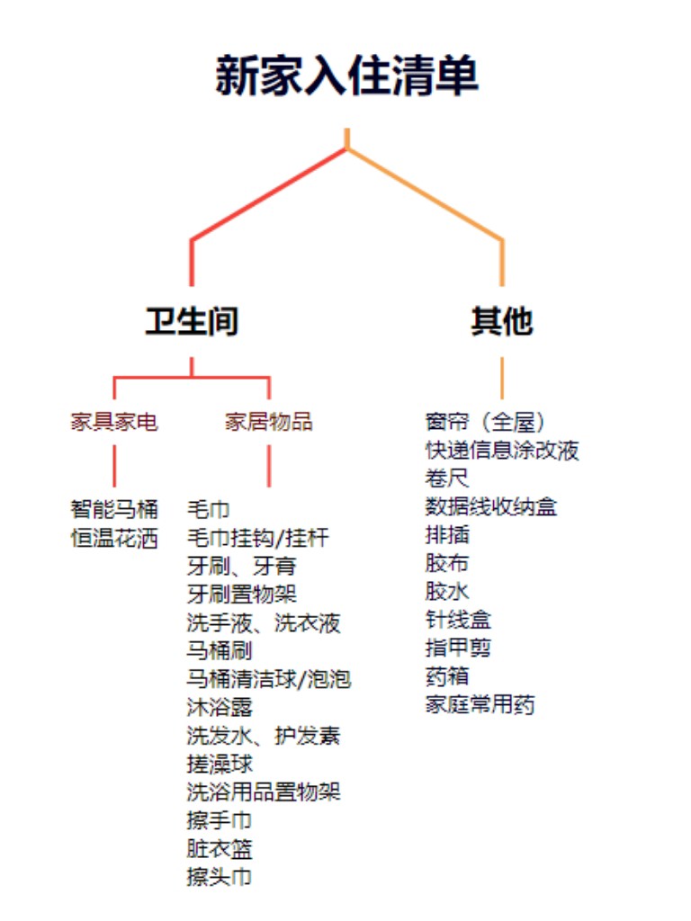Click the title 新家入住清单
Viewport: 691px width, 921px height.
pyautogui.click(x=346, y=76)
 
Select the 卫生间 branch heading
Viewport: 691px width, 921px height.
pyautogui.click(x=192, y=321)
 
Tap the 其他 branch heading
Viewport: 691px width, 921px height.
pyautogui.click(x=502, y=321)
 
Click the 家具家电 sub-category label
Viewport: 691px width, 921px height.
pyautogui.click(x=114, y=421)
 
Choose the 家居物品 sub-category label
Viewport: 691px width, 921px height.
pyautogui.click(x=268, y=421)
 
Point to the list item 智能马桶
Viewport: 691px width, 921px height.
pyautogui.click(x=114, y=509)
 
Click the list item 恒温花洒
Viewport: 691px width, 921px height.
pyautogui.click(x=114, y=538)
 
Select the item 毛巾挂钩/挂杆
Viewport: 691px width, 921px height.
pyautogui.click(x=258, y=538)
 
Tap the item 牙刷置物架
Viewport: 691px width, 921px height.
pyautogui.click(x=241, y=594)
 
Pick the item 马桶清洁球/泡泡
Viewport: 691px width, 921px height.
pyautogui.click(x=268, y=679)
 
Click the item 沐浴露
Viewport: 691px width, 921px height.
pyautogui.click(x=220, y=707)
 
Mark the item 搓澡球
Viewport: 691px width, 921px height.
pyautogui.click(x=220, y=764)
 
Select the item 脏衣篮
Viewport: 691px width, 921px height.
pyautogui.click(x=220, y=849)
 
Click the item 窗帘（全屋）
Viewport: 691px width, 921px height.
pyautogui.click(x=485, y=421)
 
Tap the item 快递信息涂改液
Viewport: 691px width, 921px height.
pyautogui.click(x=502, y=450)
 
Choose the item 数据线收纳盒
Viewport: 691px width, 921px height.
pyautogui.click(x=490, y=506)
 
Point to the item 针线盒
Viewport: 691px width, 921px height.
pyautogui.click(x=458, y=620)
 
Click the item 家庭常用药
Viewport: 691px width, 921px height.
pyautogui.click(x=480, y=704)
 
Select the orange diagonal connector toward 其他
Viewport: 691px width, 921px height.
pyautogui.click(x=425, y=194)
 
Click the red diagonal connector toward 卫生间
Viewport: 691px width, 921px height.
pyautogui.click(x=269, y=194)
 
